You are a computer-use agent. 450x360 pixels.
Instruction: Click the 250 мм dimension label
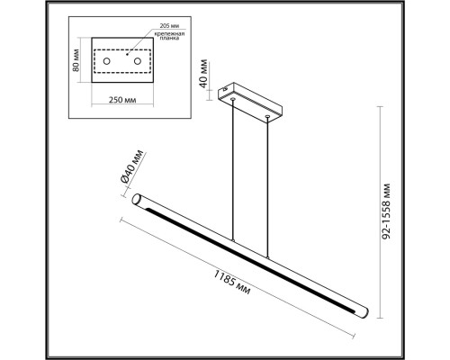122,100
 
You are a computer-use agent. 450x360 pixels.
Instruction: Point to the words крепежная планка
169,36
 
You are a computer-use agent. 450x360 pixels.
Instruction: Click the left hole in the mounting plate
106,61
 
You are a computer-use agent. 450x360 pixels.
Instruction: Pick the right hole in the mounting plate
138,61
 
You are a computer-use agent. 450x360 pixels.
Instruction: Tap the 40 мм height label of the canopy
203,74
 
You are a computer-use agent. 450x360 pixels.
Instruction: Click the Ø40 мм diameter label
131,166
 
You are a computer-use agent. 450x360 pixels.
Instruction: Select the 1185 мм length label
231,283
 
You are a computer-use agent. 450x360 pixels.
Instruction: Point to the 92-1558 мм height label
387,211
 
